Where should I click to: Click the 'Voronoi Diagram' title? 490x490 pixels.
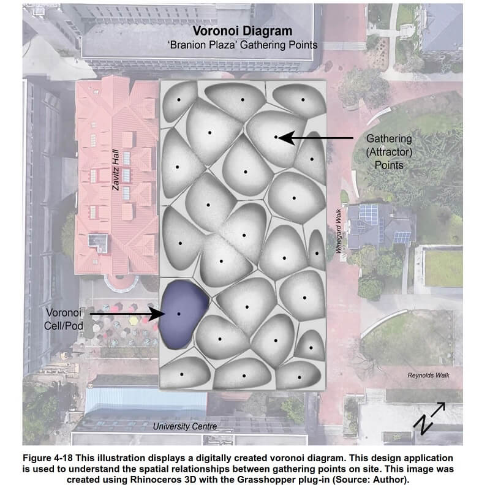[x=243, y=31]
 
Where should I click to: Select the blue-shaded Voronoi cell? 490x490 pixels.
[x=183, y=314]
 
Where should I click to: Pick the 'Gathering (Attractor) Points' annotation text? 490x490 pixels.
[x=390, y=152]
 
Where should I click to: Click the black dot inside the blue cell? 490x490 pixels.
[x=179, y=314]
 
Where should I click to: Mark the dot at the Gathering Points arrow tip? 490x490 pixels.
[x=276, y=137]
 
